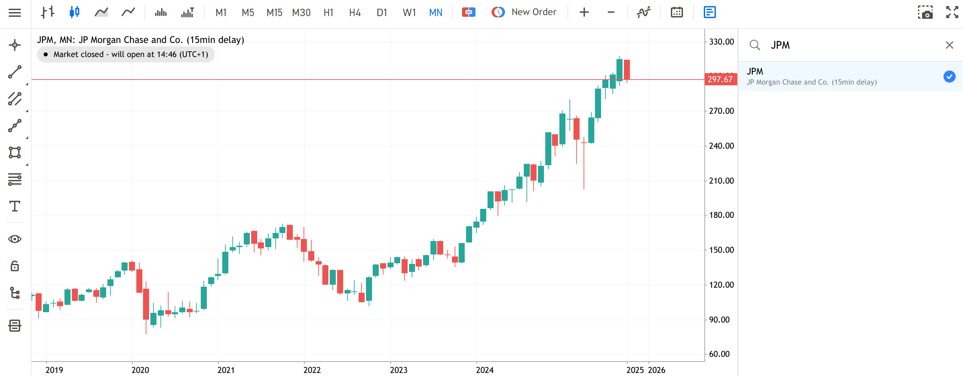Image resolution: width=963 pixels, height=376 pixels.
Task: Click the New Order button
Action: coord(524,12)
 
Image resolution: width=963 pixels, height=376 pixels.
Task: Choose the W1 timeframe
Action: coord(409,13)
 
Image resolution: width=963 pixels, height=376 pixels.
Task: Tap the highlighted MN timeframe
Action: coord(435,13)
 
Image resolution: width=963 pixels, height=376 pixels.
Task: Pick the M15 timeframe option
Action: coord(274,13)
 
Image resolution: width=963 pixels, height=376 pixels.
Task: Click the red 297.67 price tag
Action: coord(720,79)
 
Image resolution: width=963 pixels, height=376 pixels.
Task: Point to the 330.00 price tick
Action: coord(721,42)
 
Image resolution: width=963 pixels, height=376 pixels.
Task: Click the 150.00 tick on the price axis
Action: coord(721,250)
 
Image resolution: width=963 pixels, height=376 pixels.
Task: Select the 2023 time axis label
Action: coord(399,370)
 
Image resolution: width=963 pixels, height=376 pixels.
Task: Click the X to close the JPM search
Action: coord(949,45)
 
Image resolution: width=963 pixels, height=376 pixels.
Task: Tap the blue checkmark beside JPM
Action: coord(949,77)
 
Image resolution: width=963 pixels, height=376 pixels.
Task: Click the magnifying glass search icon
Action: coord(755,45)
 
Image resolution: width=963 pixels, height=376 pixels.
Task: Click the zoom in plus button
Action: coord(584,13)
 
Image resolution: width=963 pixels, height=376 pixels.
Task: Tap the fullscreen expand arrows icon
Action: coord(952,12)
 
